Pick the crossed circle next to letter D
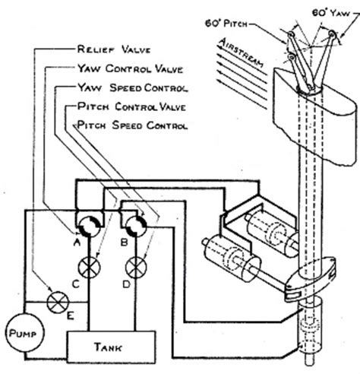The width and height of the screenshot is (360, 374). [136, 267]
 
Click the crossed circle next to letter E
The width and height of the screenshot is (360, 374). [55, 302]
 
